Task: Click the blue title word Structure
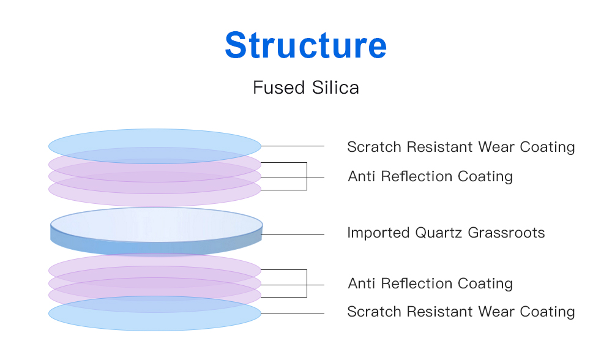pyautogui.click(x=305, y=45)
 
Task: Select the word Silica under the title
pyautogui.click(x=335, y=88)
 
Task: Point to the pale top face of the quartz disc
pyautogui.click(x=156, y=225)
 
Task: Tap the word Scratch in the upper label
pyautogui.click(x=375, y=147)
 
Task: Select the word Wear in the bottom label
pyautogui.click(x=496, y=312)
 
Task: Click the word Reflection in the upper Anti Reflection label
pyautogui.click(x=417, y=176)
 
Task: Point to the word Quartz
pyautogui.click(x=439, y=233)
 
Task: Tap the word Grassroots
pyautogui.click(x=506, y=233)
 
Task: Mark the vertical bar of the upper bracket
pyautogui.click(x=307, y=176)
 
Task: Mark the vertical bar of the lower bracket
pyautogui.click(x=307, y=283)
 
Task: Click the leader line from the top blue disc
pyautogui.click(x=293, y=146)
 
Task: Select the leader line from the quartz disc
pyautogui.click(x=293, y=234)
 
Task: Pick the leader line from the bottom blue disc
pyautogui.click(x=293, y=313)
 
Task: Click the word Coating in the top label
pyautogui.click(x=547, y=147)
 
